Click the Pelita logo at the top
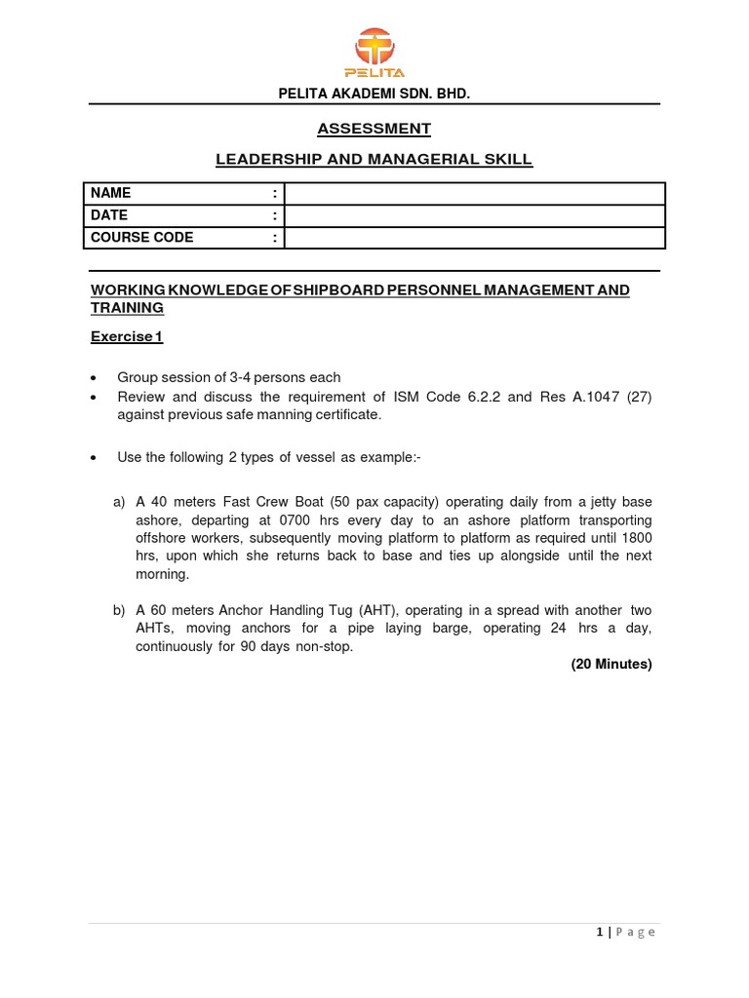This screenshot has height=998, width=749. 374,53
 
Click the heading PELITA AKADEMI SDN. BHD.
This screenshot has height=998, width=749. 374,95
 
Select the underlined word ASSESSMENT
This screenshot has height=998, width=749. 374,129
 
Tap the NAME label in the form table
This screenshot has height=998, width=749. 110,193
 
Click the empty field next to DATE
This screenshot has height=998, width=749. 474,215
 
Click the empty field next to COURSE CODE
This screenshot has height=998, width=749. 474,238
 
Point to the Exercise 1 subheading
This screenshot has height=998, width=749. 127,337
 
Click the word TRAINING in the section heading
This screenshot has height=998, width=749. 127,308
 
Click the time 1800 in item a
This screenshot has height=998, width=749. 635,538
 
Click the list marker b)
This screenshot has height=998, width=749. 119,610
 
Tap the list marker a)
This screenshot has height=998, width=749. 119,502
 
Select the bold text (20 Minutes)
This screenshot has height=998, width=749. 611,665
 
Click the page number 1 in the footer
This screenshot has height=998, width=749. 600,933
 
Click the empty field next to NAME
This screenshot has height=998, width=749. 474,193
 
